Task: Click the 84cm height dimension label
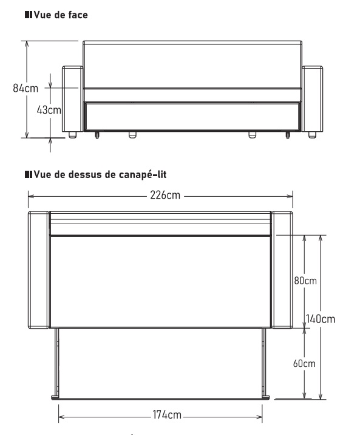pyautogui.click(x=25, y=88)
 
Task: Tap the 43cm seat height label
pyautogui.click(x=49, y=110)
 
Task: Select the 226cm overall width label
pyautogui.click(x=165, y=195)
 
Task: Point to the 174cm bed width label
pyautogui.click(x=167, y=415)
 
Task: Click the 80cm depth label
pyautogui.click(x=305, y=281)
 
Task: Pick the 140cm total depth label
pyautogui.click(x=321, y=319)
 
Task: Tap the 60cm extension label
pyautogui.click(x=304, y=363)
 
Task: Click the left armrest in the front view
pyautogui.click(x=73, y=99)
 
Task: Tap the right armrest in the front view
pyautogui.click(x=312, y=99)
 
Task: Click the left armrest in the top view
pyautogui.click(x=39, y=270)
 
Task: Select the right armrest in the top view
pyautogui.click(x=282, y=270)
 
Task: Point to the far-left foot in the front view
pyautogui.click(x=73, y=135)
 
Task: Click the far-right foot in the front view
pyautogui.click(x=312, y=135)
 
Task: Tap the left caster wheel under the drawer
pyautogui.click(x=97, y=135)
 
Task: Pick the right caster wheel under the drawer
pyautogui.click(x=288, y=135)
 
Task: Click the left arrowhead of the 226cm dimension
pyautogui.click(x=31, y=196)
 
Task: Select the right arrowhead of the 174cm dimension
pyautogui.click(x=259, y=417)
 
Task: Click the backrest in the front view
pyautogui.click(x=192, y=64)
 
